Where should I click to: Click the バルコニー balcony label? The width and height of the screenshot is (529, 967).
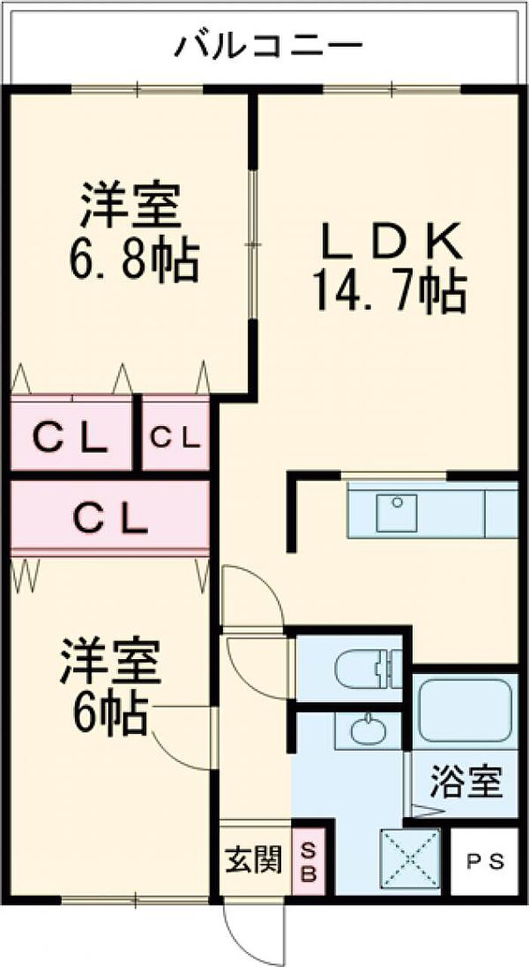click(x=268, y=47)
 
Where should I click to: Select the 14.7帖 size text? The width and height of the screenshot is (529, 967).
click(x=388, y=291)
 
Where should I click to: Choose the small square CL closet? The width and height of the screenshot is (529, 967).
click(x=175, y=437)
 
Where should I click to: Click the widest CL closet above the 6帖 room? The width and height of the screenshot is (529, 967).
click(x=110, y=519)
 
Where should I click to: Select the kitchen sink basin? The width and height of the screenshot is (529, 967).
click(x=398, y=512)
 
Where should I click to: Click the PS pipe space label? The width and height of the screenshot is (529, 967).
click(x=484, y=863)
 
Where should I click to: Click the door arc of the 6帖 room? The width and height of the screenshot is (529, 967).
click(x=178, y=745)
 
